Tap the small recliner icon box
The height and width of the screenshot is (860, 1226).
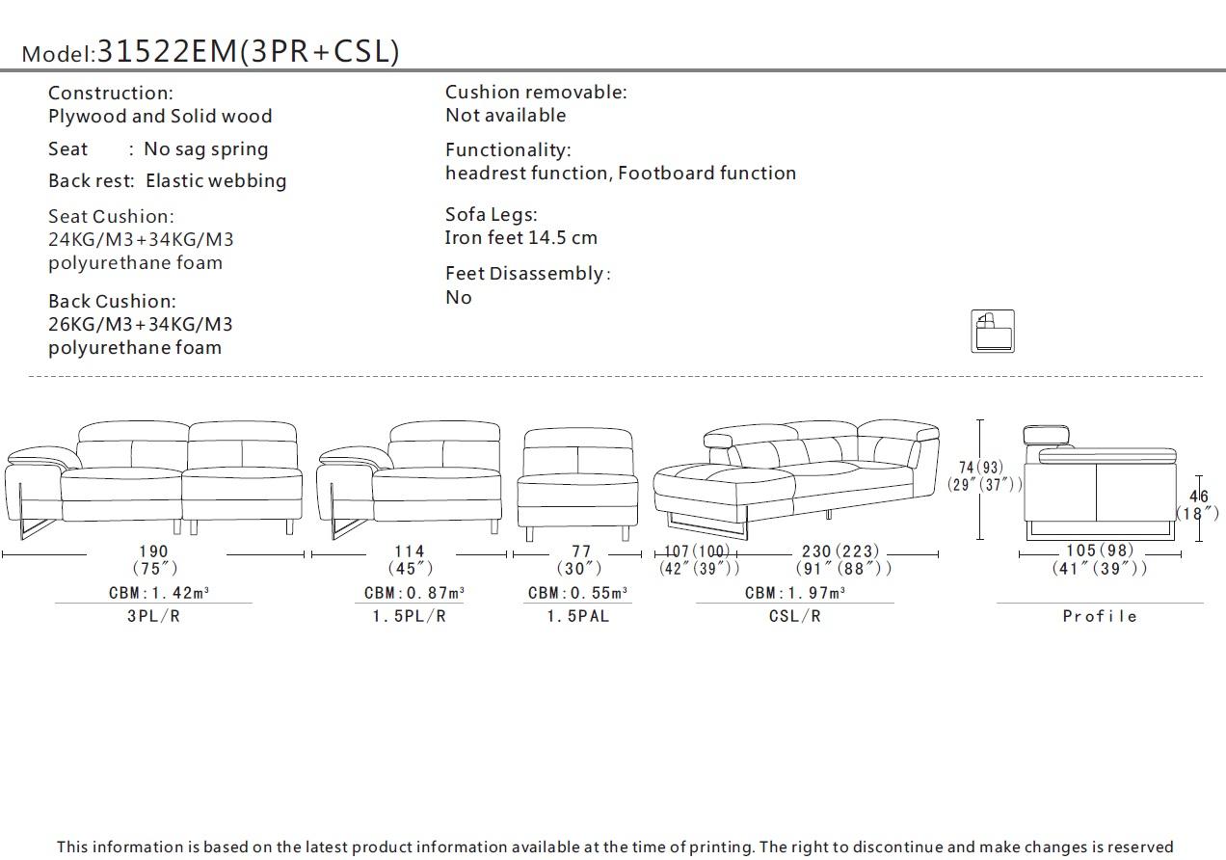[992, 331]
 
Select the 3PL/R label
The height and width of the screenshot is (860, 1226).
[153, 616]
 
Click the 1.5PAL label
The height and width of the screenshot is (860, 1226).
[577, 616]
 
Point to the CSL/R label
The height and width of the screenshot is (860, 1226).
[794, 616]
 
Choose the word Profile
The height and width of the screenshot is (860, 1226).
[1100, 616]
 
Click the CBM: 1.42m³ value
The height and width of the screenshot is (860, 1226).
[153, 593]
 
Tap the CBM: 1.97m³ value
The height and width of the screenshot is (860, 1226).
[794, 593]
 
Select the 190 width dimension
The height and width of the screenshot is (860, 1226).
[152, 551]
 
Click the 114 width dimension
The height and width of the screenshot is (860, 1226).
[410, 551]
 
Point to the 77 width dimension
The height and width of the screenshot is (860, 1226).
[580, 551]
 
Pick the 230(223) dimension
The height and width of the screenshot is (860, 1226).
[840, 551]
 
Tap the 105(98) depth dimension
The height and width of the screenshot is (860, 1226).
[1100, 551]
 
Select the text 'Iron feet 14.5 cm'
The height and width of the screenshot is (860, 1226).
[520, 238]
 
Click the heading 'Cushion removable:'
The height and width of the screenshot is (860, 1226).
[535, 93]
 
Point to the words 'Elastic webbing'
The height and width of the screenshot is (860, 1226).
[216, 181]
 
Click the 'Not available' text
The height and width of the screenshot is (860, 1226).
[505, 116]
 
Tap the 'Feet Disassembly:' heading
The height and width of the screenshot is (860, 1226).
[527, 274]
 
